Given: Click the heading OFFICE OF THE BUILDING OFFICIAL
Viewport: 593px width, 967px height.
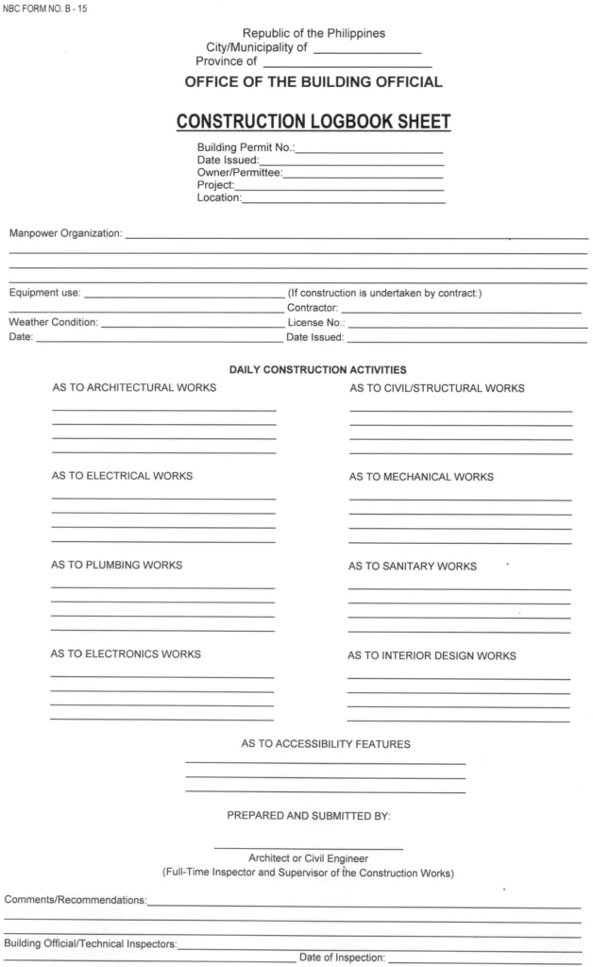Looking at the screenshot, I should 313,82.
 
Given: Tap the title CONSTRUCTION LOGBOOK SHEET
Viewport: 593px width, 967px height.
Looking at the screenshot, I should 313,122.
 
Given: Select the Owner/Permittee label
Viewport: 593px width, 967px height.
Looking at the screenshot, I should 239,173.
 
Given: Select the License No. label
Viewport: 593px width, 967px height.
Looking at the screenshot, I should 314,323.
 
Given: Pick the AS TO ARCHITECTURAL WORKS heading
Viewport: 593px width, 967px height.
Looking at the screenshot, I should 133,387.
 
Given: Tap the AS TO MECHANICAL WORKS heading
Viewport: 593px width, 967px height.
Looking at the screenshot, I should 420,477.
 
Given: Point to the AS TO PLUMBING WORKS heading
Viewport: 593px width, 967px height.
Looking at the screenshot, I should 116,566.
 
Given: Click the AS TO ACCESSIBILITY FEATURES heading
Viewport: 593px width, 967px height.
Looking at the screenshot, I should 326,744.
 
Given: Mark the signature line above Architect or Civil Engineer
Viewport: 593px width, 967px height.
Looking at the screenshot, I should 309,847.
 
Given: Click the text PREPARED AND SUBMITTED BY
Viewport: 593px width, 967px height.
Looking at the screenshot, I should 309,815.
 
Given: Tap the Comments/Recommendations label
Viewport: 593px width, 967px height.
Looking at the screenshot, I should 76,900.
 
